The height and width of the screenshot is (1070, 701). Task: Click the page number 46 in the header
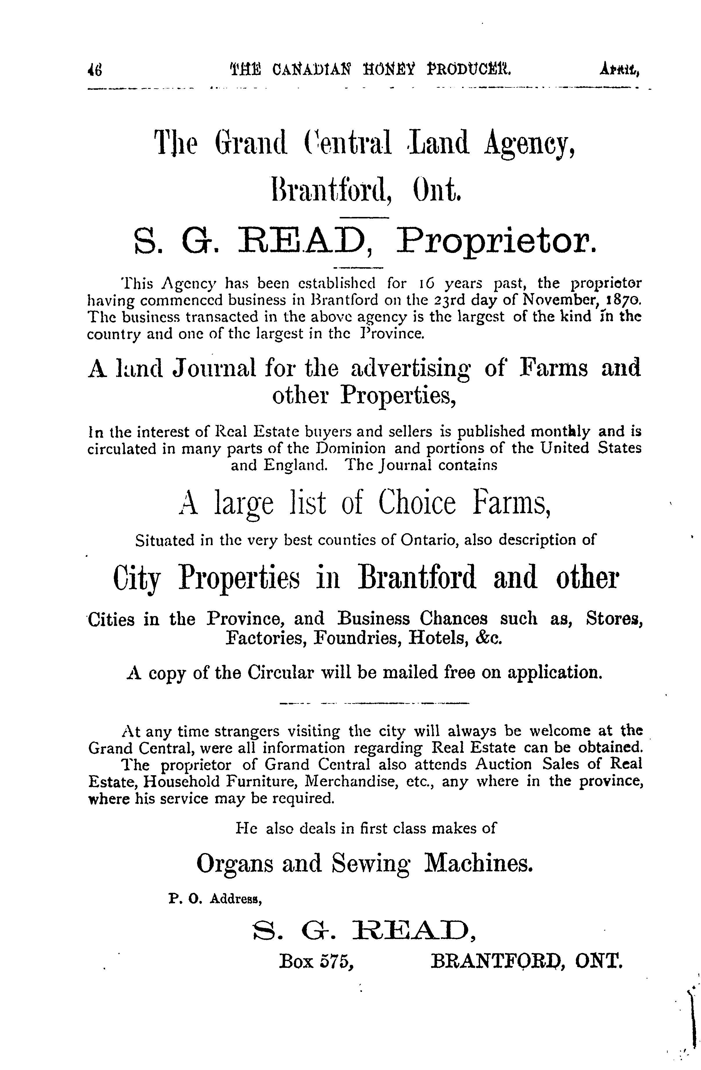tap(95, 70)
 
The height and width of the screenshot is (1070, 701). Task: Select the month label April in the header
tap(619, 70)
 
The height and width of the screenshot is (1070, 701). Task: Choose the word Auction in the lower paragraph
tap(503, 764)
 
